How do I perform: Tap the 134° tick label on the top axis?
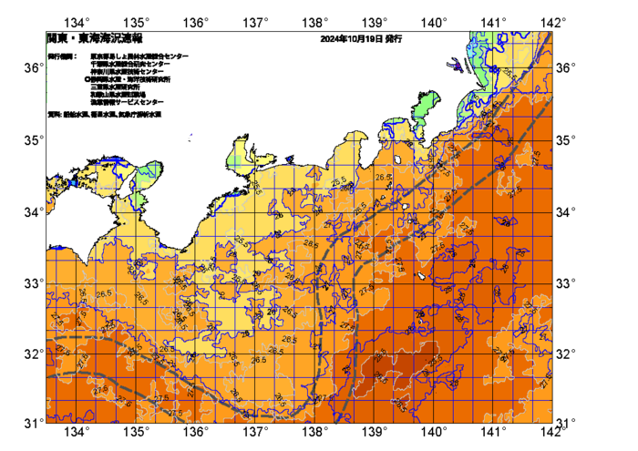[78, 21]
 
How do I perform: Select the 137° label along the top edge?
[256, 21]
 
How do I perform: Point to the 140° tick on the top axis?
[434, 21]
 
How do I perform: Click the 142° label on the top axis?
[553, 21]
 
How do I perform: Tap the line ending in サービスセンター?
[127, 102]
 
